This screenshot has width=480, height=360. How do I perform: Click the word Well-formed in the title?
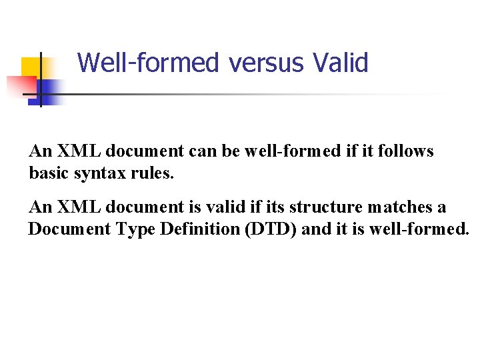tap(148, 63)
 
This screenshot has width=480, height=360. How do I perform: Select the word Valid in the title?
tap(340, 63)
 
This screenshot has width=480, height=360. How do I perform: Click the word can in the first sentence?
tap(204, 152)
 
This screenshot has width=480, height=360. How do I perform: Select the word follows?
tap(407, 152)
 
